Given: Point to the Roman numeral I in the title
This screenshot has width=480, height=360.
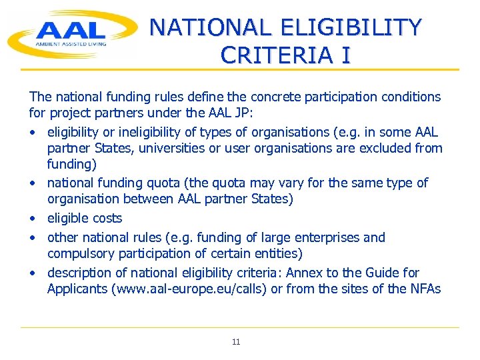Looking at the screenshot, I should (x=345, y=55).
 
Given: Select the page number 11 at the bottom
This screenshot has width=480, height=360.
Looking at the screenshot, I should (x=236, y=342).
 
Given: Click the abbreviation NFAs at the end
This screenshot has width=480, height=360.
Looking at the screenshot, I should (x=423, y=289).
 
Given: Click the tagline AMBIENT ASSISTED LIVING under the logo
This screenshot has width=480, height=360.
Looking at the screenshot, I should (x=70, y=44).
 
